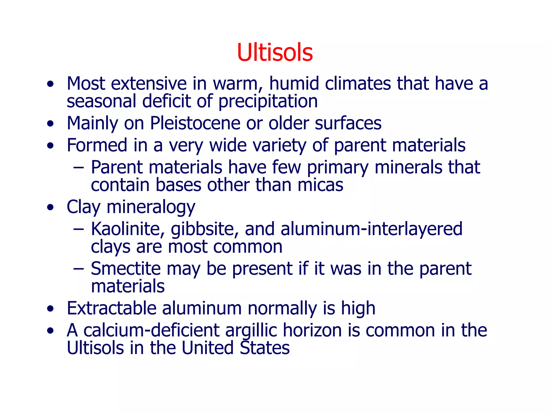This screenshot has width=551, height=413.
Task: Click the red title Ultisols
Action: (275, 52)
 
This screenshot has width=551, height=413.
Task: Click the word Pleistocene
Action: (195, 123)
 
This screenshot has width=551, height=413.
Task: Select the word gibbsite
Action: (204, 229)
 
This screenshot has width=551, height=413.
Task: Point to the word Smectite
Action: (125, 269)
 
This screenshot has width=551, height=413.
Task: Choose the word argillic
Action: (251, 330)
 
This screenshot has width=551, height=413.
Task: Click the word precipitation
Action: (268, 101)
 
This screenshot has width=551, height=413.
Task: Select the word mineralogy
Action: (151, 207)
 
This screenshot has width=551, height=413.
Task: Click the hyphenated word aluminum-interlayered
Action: (371, 229)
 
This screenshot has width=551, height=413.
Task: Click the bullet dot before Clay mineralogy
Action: (50, 208)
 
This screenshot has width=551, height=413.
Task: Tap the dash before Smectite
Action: (79, 269)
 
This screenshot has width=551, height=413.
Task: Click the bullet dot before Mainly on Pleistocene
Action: (50, 124)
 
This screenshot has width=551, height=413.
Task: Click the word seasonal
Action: (101, 101)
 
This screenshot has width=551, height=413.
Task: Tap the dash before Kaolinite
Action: (79, 229)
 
